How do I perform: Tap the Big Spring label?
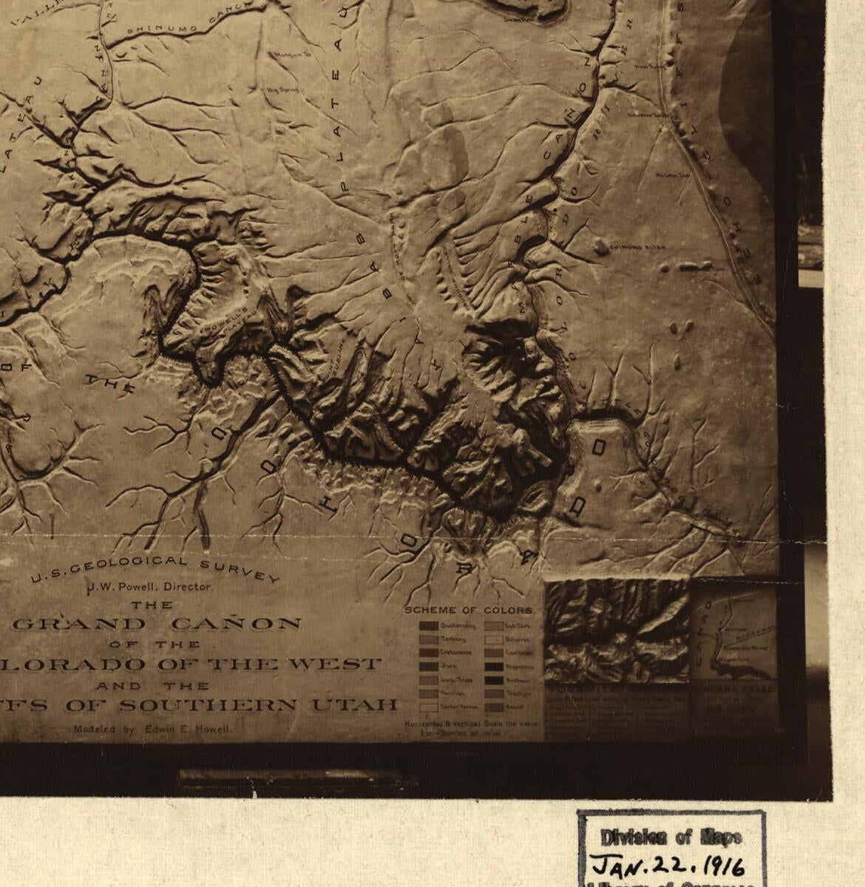pyautogui.click(x=283, y=89)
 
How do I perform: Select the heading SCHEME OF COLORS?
pyautogui.click(x=468, y=611)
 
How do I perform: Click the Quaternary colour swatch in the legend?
pyautogui.click(x=428, y=626)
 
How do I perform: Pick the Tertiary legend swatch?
pyautogui.click(x=428, y=639)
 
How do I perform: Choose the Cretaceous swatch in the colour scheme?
pyautogui.click(x=428, y=653)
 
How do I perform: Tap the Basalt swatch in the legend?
pyautogui.click(x=493, y=707)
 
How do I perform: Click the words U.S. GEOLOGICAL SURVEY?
pyautogui.click(x=155, y=569)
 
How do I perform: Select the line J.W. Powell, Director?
pyautogui.click(x=150, y=587)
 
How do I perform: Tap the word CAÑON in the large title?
pyautogui.click(x=236, y=624)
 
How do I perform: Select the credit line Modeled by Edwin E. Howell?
pyautogui.click(x=152, y=729)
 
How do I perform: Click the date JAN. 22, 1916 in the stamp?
pyautogui.click(x=668, y=865)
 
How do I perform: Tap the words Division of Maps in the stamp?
pyautogui.click(x=671, y=837)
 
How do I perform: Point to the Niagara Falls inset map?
pyautogui.click(x=734, y=636)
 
